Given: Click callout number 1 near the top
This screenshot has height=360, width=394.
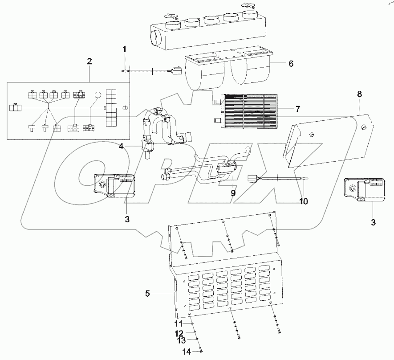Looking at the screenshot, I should click(125, 49).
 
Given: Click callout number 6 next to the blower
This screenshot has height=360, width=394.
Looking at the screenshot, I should click(290, 64).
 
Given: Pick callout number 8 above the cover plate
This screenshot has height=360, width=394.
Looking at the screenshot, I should click(359, 94).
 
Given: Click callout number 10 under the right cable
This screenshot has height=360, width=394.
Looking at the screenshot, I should click(303, 201).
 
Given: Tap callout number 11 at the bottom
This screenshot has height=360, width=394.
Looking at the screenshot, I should click(178, 323).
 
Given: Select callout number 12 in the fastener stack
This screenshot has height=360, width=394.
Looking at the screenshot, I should click(178, 333).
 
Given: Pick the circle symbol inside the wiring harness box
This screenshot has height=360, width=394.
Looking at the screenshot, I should click(97, 95).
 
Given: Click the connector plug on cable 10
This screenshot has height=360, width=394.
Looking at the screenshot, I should click(252, 179).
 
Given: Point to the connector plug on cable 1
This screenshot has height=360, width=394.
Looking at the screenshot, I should click(175, 70).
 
